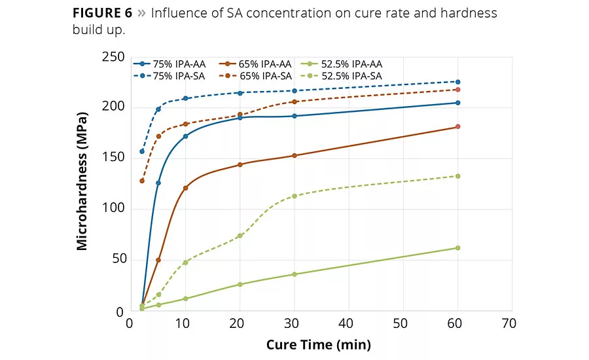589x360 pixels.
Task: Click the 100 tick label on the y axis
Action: [113, 209]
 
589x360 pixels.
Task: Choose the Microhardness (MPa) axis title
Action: [82, 185]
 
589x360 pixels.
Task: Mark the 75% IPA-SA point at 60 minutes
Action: [457, 82]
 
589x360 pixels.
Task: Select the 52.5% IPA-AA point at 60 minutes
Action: [457, 247]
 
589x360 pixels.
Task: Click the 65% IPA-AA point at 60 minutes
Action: [457, 126]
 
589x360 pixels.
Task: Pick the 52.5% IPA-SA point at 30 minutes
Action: [294, 196]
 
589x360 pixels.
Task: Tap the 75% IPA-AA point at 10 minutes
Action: [186, 136]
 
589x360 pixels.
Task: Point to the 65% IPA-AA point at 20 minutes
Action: [240, 164]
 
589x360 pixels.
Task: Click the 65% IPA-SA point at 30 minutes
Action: [294, 101]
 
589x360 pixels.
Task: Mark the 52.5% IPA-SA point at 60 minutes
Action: [457, 176]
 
